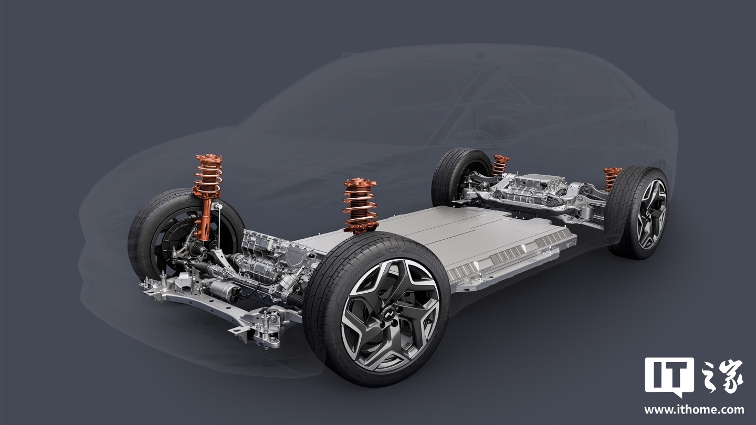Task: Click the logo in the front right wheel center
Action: click(x=389, y=315)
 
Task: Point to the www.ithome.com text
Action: click(x=694, y=410)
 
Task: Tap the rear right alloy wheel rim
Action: click(x=652, y=214)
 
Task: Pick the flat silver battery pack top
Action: click(x=449, y=233)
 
